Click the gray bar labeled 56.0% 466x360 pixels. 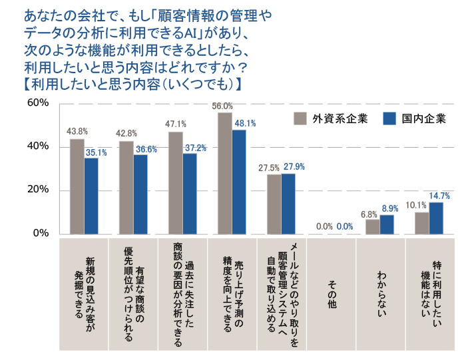[x=224, y=173]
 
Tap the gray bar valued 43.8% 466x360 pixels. [x=77, y=186]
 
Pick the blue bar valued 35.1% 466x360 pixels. [x=92, y=196]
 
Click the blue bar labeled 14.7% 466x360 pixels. [x=436, y=218]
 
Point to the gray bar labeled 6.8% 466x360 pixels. [x=373, y=226]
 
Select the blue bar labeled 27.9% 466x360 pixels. [x=288, y=204]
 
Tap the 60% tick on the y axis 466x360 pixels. [x=37, y=102]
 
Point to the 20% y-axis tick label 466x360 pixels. [x=37, y=190]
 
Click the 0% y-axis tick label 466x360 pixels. [x=40, y=233]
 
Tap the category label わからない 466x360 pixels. [x=381, y=293]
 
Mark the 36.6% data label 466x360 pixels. [x=146, y=150]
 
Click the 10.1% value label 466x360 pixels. [x=416, y=205]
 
